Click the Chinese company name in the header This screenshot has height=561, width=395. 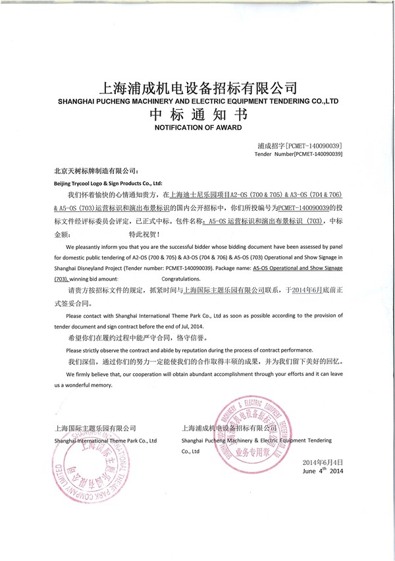pyautogui.click(x=197, y=87)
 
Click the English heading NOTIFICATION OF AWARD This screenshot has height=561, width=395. pyautogui.click(x=197, y=126)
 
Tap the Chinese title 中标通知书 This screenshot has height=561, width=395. pyautogui.click(x=197, y=114)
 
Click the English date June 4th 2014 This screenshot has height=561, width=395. pyautogui.click(x=323, y=472)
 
